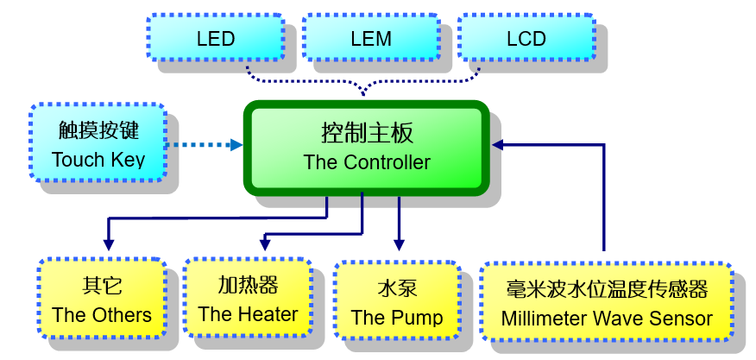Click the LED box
point(216,37)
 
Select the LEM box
point(371,37)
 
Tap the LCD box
point(526,37)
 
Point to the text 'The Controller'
point(367,162)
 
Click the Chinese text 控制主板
point(367,133)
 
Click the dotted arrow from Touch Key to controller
point(203,145)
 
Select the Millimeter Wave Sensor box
point(606,302)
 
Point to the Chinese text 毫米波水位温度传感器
point(606,289)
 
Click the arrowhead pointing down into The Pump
point(398,244)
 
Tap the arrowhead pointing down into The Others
point(108,245)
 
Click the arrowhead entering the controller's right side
point(498,145)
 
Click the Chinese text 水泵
point(397,288)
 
